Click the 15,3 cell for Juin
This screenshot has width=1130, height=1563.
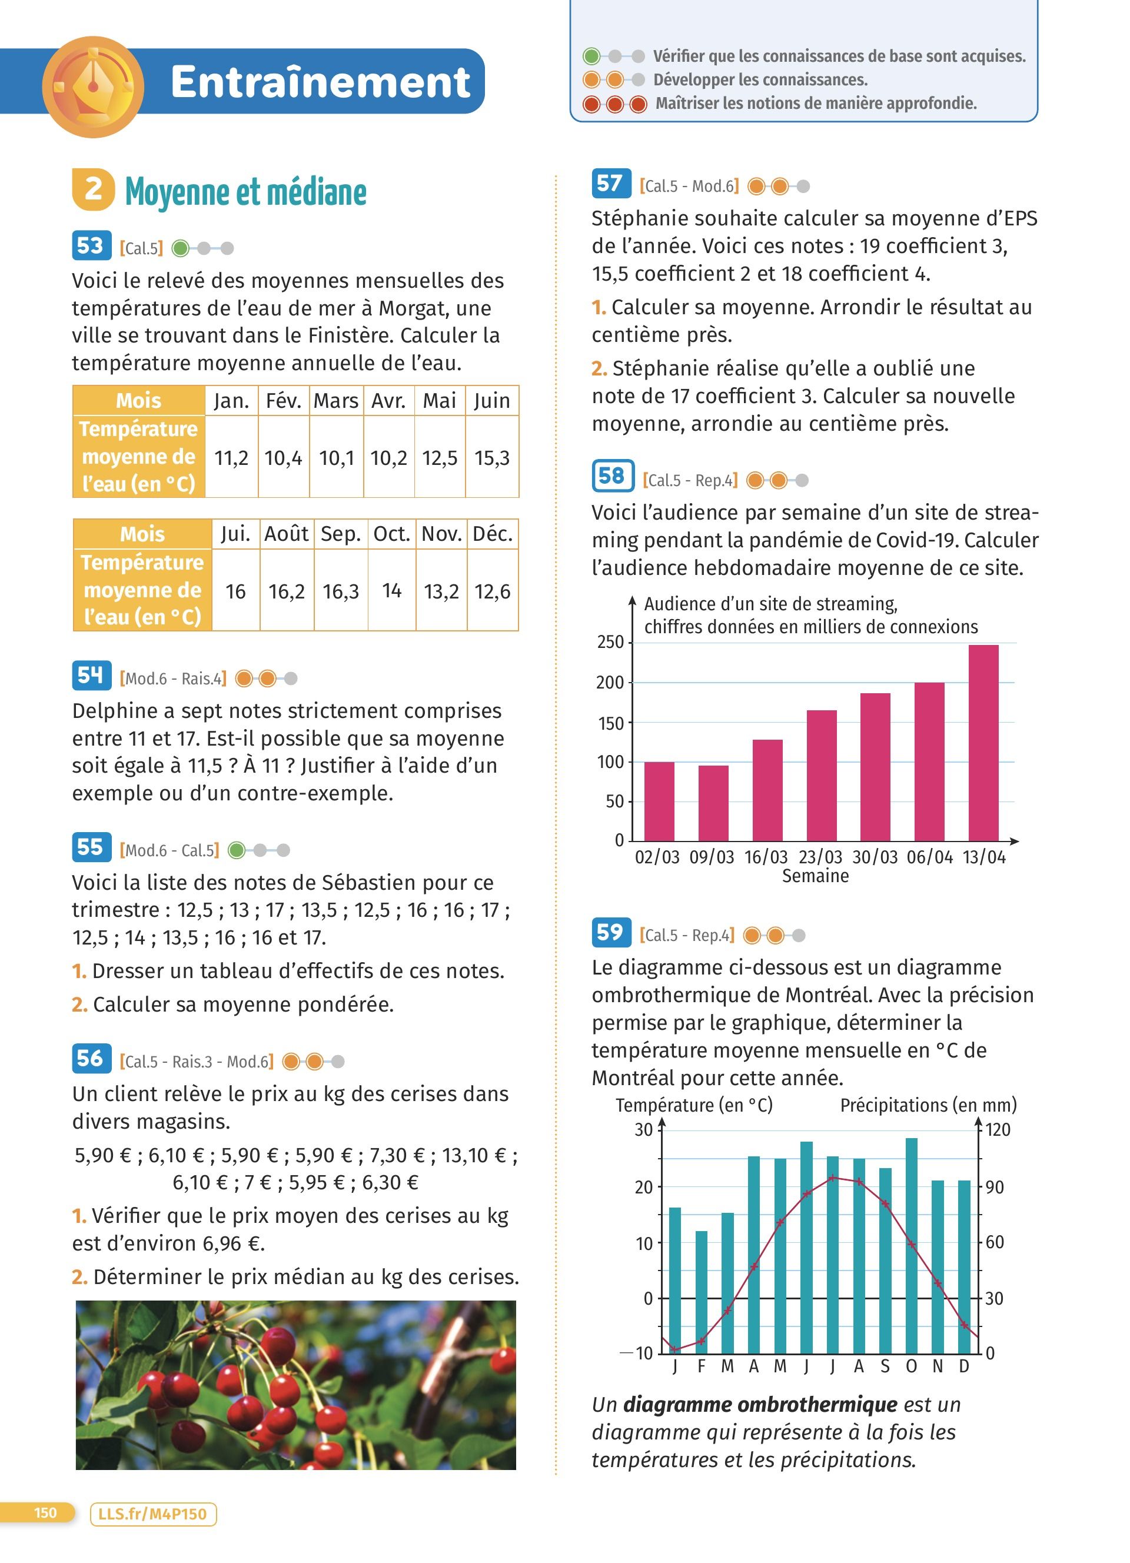(492, 458)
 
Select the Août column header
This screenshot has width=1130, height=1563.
(287, 534)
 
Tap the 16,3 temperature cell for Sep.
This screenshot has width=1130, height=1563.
(341, 591)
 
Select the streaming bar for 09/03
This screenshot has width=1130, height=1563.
(713, 802)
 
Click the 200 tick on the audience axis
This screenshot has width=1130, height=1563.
(610, 683)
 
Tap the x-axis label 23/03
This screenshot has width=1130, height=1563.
(820, 857)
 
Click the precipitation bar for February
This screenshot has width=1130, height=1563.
(702, 1292)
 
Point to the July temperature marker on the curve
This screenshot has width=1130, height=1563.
(832, 1178)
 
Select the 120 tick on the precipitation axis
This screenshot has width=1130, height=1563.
(997, 1129)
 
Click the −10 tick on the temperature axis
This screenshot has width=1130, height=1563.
(639, 1353)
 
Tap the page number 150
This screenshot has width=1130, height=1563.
(45, 1513)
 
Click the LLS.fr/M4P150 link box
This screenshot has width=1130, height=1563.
(153, 1514)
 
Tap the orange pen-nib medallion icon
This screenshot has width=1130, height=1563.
(93, 86)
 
